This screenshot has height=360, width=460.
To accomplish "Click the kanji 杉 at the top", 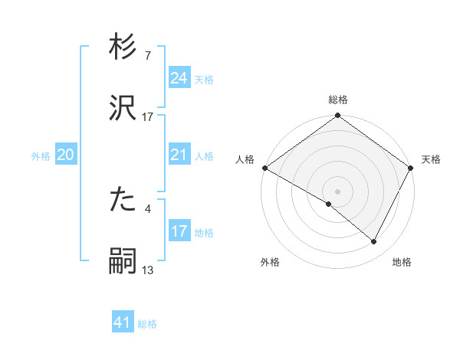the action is (x=123, y=50).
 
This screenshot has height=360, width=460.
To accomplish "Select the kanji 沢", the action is (x=123, y=108).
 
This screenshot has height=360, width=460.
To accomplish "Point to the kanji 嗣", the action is (x=123, y=261).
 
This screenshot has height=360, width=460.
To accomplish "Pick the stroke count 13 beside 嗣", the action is (x=147, y=269).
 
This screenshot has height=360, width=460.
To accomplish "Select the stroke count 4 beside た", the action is (x=147, y=208).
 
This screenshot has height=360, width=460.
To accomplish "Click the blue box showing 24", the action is (x=179, y=78).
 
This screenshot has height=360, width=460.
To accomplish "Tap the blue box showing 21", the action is (x=179, y=155).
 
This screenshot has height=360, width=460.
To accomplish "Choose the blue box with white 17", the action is (x=179, y=231).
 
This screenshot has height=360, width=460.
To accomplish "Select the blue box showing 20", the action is (x=65, y=155).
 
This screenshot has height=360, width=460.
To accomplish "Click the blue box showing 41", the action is (x=122, y=322).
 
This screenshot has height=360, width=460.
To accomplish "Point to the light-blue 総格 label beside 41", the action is (x=147, y=324).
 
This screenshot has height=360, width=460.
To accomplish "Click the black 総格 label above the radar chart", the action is (x=338, y=100).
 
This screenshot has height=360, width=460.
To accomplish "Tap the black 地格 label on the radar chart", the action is (x=402, y=263).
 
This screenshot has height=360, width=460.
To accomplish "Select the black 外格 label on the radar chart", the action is (x=270, y=263).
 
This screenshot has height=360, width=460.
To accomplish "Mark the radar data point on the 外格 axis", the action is (x=329, y=204).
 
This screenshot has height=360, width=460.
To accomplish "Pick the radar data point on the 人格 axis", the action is (x=264, y=168).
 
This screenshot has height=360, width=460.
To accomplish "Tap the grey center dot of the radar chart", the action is (x=338, y=191).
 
